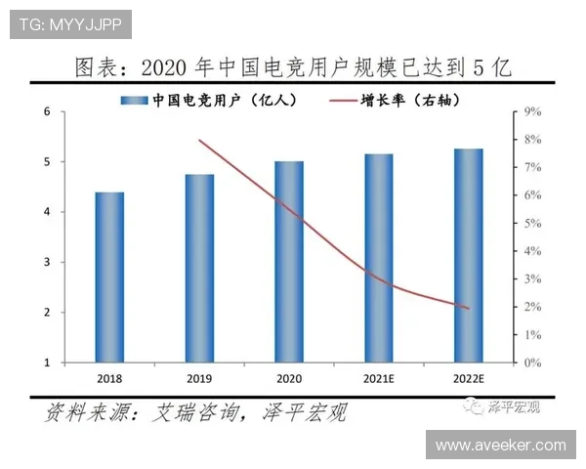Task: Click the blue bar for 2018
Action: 109,277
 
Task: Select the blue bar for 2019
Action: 199,269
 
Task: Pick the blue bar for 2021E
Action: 379,258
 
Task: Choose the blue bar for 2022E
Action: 469,256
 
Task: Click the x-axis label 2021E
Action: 379,377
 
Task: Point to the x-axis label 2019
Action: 199,377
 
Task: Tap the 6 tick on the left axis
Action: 48,111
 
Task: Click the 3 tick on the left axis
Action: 48,262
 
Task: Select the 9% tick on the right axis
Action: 532,112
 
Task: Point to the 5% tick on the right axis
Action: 532,224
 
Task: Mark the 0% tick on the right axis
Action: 532,362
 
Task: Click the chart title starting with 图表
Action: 293,68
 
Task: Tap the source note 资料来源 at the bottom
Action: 195,413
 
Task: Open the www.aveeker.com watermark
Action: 500,445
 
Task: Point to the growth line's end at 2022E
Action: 469,309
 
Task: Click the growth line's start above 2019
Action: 199,141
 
